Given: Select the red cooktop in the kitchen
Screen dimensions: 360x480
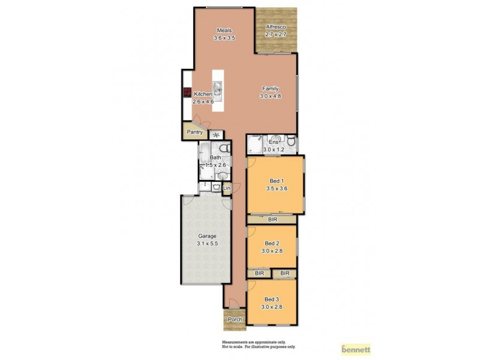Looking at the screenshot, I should click(x=187, y=93).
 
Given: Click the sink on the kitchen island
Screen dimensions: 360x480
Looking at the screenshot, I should click(x=217, y=91).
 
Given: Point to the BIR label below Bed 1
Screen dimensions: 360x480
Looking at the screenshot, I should click(x=272, y=220).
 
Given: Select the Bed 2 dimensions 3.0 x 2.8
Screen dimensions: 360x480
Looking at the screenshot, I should click(x=271, y=251).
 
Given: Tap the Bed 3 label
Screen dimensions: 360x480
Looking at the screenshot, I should click(x=271, y=299).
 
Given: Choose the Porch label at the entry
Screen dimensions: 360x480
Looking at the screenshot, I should click(x=235, y=319).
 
